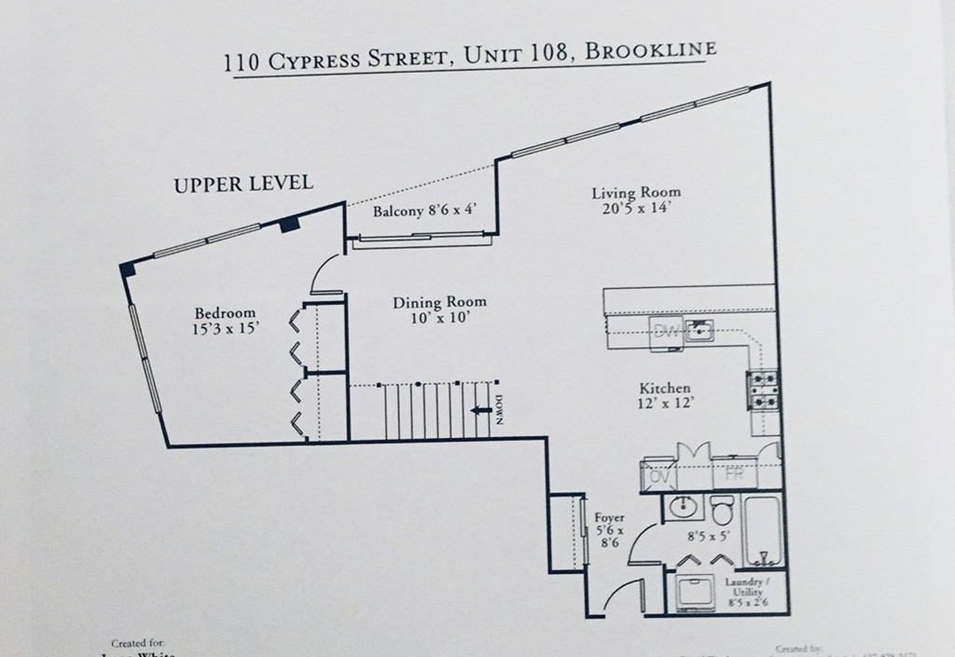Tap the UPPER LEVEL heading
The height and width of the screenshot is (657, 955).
pos(242,184)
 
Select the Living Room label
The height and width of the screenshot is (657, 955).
pos(636,200)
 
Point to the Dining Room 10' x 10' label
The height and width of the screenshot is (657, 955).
pos(439,309)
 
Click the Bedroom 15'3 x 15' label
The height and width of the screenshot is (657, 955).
pos(225,321)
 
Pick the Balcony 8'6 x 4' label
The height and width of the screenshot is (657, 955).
pos(425,211)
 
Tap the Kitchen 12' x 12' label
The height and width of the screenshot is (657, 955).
pos(664,396)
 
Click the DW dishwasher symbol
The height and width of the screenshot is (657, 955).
pos(666,331)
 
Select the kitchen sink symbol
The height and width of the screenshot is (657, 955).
pos(699,330)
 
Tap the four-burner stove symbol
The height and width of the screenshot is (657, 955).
pos(763,392)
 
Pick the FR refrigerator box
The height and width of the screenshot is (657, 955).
pos(734,474)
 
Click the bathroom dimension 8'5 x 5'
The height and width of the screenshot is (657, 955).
pos(707,537)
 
